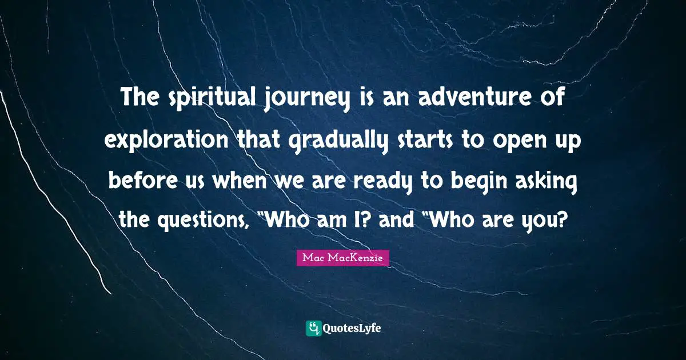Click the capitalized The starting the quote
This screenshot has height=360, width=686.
click(140, 101)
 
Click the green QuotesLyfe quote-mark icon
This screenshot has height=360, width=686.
click(313, 328)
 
